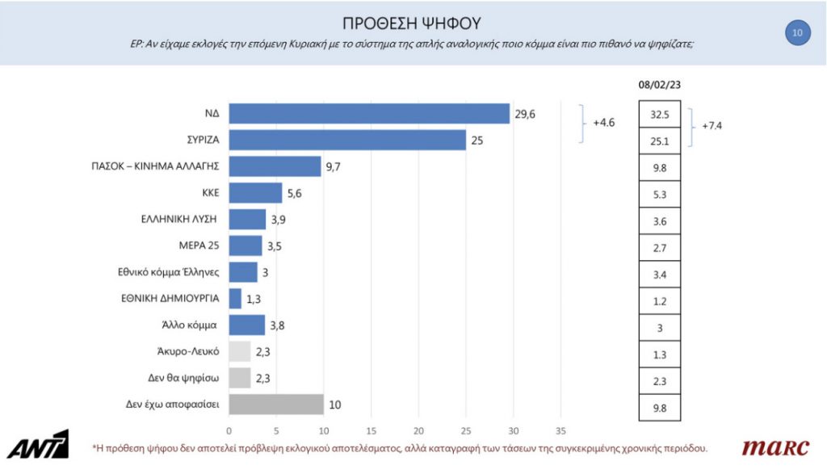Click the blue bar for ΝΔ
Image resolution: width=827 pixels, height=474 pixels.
click(x=369, y=115)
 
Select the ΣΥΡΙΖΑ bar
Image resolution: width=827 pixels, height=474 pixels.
click(x=347, y=140)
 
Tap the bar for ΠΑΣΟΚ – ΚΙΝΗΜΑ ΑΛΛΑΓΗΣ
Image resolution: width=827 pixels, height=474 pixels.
click(x=275, y=166)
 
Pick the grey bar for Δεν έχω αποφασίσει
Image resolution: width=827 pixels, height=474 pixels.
click(x=275, y=403)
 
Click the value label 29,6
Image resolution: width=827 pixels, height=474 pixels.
click(x=524, y=115)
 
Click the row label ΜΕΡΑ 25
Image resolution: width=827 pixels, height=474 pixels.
click(x=197, y=245)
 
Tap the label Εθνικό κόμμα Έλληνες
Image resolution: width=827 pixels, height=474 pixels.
click(x=169, y=271)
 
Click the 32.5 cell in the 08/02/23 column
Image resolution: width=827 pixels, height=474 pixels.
click(x=659, y=115)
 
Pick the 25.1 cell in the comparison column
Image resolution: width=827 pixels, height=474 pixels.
click(x=659, y=141)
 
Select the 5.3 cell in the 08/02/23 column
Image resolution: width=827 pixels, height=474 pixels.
click(x=659, y=193)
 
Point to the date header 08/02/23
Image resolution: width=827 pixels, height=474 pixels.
click(x=659, y=85)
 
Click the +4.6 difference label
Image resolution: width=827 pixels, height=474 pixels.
click(x=605, y=124)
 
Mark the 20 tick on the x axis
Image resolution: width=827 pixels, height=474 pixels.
click(x=418, y=430)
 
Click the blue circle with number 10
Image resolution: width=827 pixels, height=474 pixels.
click(x=797, y=32)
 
